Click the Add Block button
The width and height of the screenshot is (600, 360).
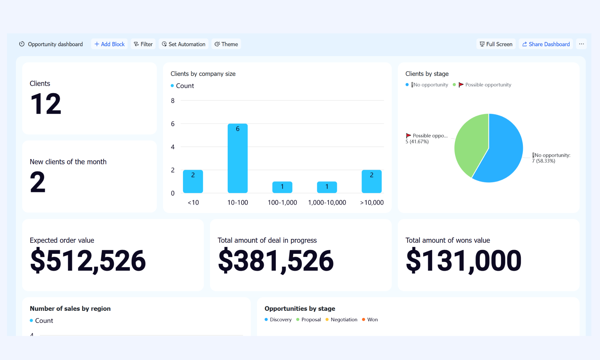[109, 44]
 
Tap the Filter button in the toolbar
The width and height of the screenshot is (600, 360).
[143, 44]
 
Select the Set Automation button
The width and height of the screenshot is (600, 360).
[184, 44]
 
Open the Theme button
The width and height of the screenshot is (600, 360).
[226, 44]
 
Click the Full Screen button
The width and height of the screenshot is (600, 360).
[496, 44]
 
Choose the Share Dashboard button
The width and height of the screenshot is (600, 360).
[546, 44]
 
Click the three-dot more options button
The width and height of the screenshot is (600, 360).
[581, 44]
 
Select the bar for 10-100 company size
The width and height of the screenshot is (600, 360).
[238, 158]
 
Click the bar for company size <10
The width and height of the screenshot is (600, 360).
[193, 181]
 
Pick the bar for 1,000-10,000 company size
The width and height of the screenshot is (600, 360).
[327, 187]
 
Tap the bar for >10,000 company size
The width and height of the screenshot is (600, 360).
[372, 181]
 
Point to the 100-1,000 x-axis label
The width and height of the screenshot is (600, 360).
[282, 202]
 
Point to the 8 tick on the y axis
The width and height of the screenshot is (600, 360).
[173, 101]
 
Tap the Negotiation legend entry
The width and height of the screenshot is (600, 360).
[341, 319]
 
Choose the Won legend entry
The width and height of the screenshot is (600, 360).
[370, 319]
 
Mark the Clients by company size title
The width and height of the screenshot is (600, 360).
[203, 74]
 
